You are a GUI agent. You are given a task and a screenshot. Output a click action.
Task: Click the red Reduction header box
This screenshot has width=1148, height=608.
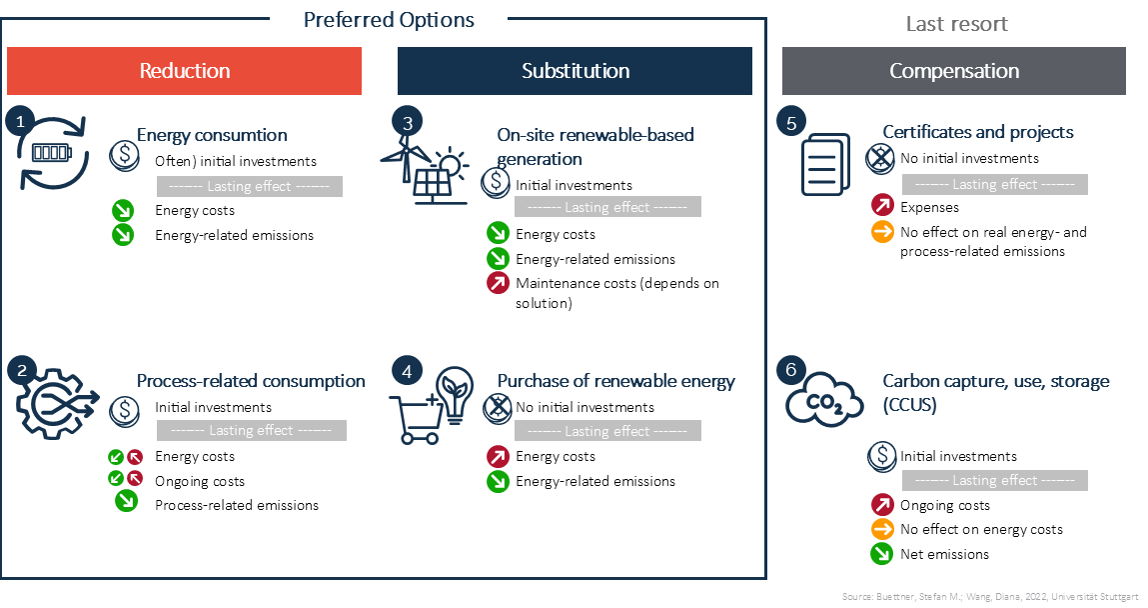click(184, 71)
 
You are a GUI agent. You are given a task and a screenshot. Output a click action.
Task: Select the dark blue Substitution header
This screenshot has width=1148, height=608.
click(574, 71)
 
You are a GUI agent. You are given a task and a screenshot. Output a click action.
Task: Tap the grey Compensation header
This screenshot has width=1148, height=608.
click(954, 71)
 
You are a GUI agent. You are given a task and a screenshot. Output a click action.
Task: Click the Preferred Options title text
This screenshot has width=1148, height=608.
click(389, 20)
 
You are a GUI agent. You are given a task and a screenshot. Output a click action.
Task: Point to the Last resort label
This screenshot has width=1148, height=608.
click(957, 24)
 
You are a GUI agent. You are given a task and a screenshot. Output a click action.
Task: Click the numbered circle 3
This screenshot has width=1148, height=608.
click(407, 122)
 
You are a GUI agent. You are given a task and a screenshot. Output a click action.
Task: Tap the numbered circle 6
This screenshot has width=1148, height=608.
click(790, 369)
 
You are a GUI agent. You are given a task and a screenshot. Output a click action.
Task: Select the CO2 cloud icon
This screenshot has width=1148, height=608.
click(825, 399)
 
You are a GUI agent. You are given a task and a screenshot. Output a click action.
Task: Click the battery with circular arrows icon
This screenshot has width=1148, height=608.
click(53, 152)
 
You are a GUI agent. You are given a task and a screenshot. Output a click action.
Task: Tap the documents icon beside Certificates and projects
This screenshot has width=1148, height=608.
click(825, 164)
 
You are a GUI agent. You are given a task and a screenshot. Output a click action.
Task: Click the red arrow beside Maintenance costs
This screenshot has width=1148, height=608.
click(498, 283)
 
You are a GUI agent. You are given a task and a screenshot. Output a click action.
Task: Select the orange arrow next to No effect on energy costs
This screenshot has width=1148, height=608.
click(882, 529)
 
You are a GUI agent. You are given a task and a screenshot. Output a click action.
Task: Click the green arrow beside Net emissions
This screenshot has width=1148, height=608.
click(882, 554)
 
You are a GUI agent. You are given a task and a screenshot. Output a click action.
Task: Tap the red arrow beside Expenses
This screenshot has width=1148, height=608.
click(882, 206)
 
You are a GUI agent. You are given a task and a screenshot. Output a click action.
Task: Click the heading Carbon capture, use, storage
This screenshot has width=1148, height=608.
click(996, 393)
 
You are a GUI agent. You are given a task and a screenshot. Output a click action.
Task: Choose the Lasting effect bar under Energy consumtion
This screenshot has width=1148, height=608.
click(250, 186)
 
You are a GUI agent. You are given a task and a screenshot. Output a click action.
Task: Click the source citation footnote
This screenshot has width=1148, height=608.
click(990, 596)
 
